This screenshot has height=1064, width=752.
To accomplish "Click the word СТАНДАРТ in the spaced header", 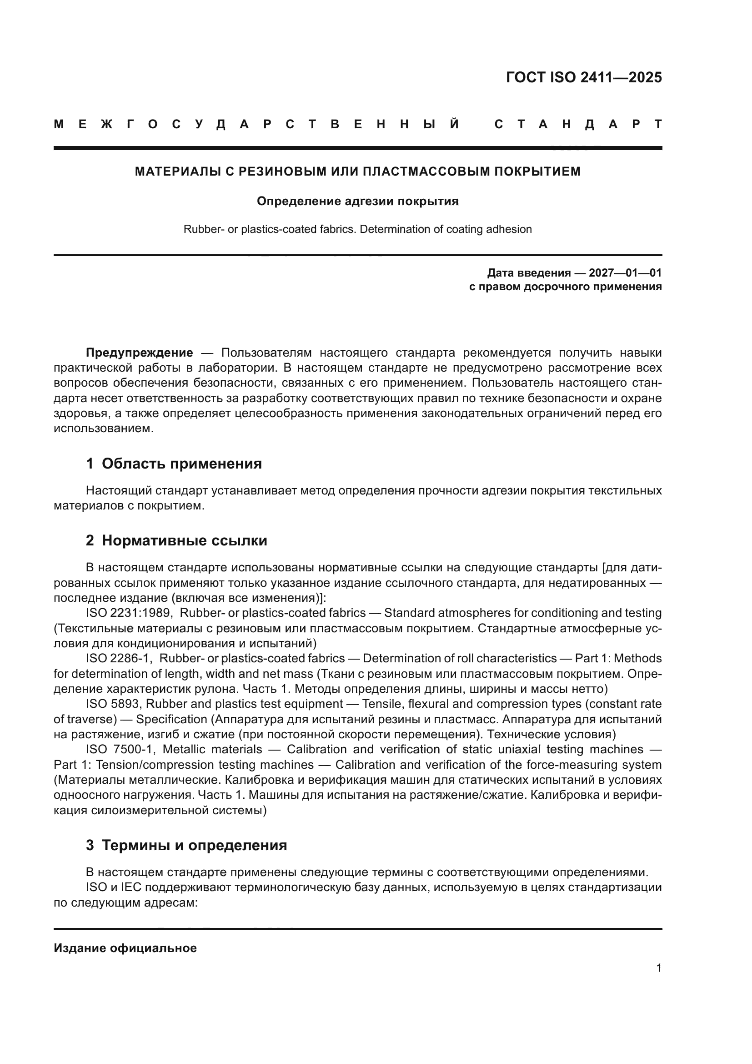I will click(578, 125).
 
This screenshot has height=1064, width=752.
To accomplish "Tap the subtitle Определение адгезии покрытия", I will click(357, 201).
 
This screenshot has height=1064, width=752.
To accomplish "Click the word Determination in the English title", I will click(395, 229).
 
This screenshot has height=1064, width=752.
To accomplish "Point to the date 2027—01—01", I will click(625, 272).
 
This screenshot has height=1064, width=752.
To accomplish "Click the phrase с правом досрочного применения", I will click(565, 287).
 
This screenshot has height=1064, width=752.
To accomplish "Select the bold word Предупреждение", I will click(140, 353).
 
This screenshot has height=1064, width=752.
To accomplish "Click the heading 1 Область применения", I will click(174, 464).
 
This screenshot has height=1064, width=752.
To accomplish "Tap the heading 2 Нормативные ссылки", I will click(176, 540).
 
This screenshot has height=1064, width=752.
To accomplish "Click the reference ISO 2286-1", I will click(119, 659).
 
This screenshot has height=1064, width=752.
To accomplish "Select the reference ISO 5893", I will click(112, 704).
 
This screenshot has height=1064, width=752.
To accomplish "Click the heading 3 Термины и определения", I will click(186, 845).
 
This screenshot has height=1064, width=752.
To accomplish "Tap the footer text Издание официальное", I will click(125, 948).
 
